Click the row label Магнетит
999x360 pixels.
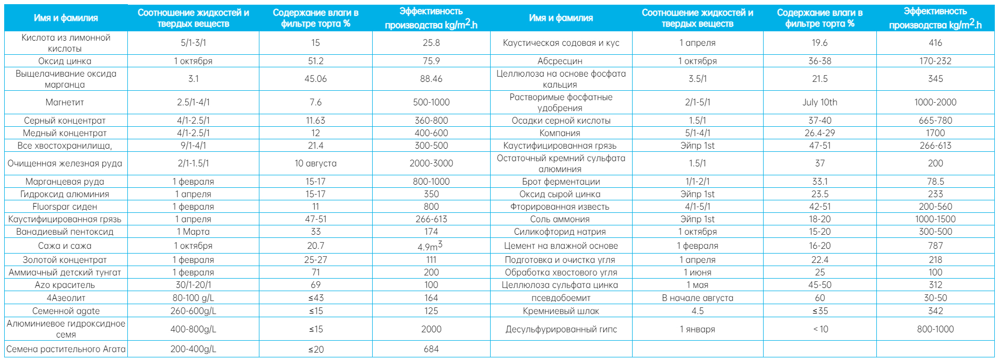pyautogui.click(x=65, y=102)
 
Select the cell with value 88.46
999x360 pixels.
pyautogui.click(x=431, y=79)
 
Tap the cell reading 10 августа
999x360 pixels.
pyautogui.click(x=315, y=163)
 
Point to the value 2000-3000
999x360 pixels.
pyautogui.click(x=431, y=163)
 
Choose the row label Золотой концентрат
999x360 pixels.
pyautogui.click(x=65, y=260)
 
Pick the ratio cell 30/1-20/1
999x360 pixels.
pyautogui.click(x=193, y=285)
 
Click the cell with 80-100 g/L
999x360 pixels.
pyautogui.click(x=193, y=298)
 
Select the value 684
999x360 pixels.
pyautogui.click(x=431, y=349)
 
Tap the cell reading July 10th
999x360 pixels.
pyautogui.click(x=819, y=102)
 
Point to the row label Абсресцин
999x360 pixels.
pyautogui.click(x=560, y=61)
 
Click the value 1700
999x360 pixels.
pyautogui.click(x=935, y=133)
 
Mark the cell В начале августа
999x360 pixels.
pyautogui.click(x=697, y=298)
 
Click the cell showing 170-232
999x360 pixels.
pyautogui.click(x=935, y=61)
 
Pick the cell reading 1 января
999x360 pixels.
pyautogui.click(x=697, y=329)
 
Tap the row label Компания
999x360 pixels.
pyautogui.click(x=560, y=133)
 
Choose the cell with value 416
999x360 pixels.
pyautogui.click(x=935, y=43)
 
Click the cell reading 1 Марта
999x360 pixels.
pyautogui.click(x=193, y=232)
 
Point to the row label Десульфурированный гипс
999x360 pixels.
pyautogui.click(x=561, y=329)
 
